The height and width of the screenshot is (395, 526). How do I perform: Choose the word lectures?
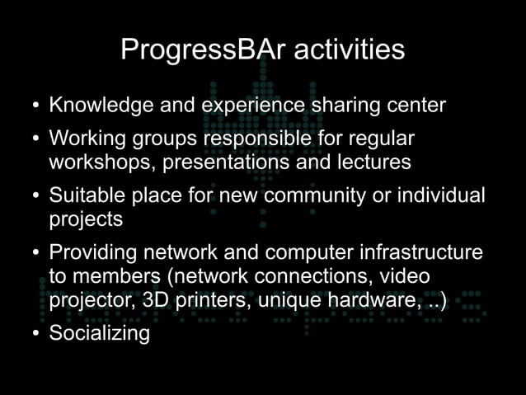tap(371, 162)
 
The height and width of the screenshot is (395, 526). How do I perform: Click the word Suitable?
tap(82, 196)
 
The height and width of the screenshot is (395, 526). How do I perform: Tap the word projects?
tap(86, 220)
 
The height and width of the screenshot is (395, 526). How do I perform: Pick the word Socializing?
tap(99, 333)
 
